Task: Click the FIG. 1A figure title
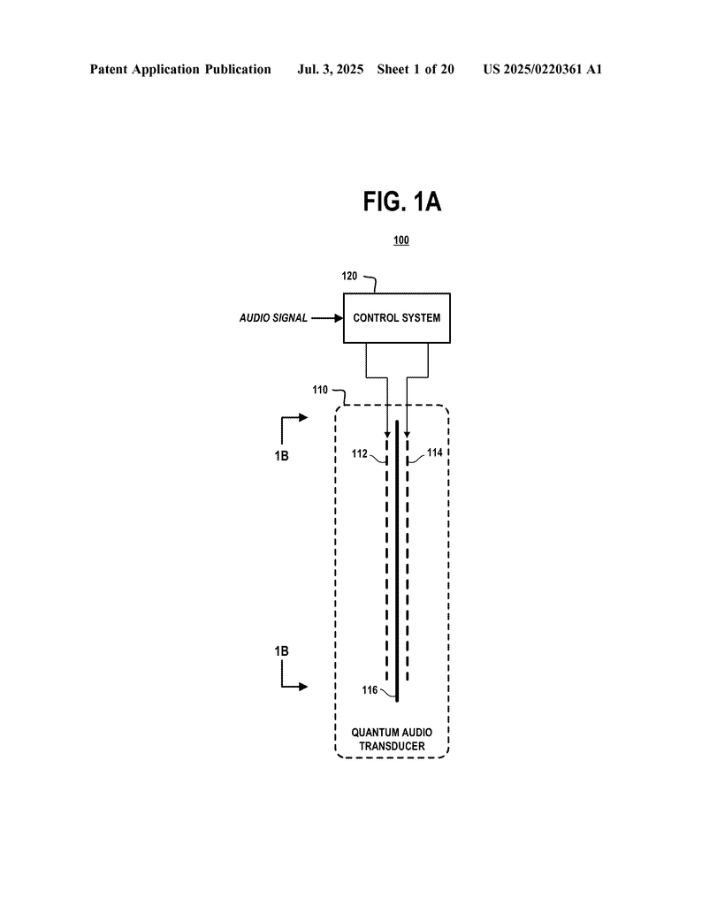point(401,202)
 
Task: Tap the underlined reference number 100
point(401,240)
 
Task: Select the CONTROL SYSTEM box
point(397,318)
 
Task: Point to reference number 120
point(349,276)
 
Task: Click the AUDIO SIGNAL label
point(274,318)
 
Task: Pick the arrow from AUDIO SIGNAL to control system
point(327,318)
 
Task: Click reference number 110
point(320,390)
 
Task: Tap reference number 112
point(360,453)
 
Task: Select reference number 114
point(435,452)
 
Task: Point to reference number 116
point(370,689)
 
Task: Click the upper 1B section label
point(281,456)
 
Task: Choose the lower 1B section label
point(281,651)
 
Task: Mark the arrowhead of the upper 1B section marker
point(303,417)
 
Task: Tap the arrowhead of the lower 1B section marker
point(303,687)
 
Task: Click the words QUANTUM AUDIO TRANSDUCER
point(392,740)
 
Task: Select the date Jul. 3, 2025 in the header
point(330,70)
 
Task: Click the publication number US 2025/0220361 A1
point(543,69)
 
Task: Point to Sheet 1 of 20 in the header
point(416,69)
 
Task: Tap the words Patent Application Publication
point(180,70)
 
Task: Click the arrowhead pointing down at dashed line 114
point(407,435)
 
